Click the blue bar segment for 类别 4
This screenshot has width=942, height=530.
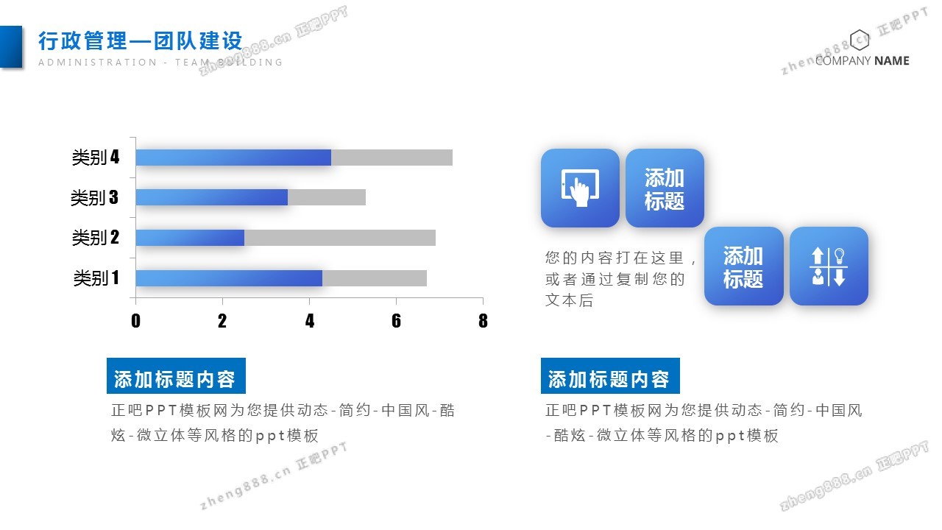point(233,158)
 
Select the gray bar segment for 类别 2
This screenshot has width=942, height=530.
point(340,238)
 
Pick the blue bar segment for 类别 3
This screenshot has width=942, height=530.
point(212,197)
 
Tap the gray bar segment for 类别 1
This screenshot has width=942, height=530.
point(375,278)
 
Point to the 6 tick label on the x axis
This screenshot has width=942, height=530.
point(396,321)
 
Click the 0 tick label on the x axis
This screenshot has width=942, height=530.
point(135,321)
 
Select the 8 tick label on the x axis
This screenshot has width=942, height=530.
point(483,321)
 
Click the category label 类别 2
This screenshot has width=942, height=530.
point(96,238)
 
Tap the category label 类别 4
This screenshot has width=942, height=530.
point(96,158)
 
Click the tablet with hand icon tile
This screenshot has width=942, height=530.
point(580,188)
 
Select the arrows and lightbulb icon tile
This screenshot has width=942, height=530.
point(829,266)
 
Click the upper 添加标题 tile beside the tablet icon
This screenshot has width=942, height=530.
point(665,188)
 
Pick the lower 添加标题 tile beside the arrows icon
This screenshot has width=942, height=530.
point(744,266)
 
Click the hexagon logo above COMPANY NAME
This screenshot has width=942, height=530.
point(859,40)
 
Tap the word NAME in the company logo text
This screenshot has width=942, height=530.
point(891,61)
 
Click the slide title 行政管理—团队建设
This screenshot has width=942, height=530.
point(141,40)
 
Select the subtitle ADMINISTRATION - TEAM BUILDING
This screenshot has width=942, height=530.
point(160,63)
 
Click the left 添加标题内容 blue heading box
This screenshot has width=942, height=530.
point(176,375)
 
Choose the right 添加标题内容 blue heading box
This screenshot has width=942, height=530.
point(610,375)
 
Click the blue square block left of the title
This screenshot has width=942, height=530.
point(11,46)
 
